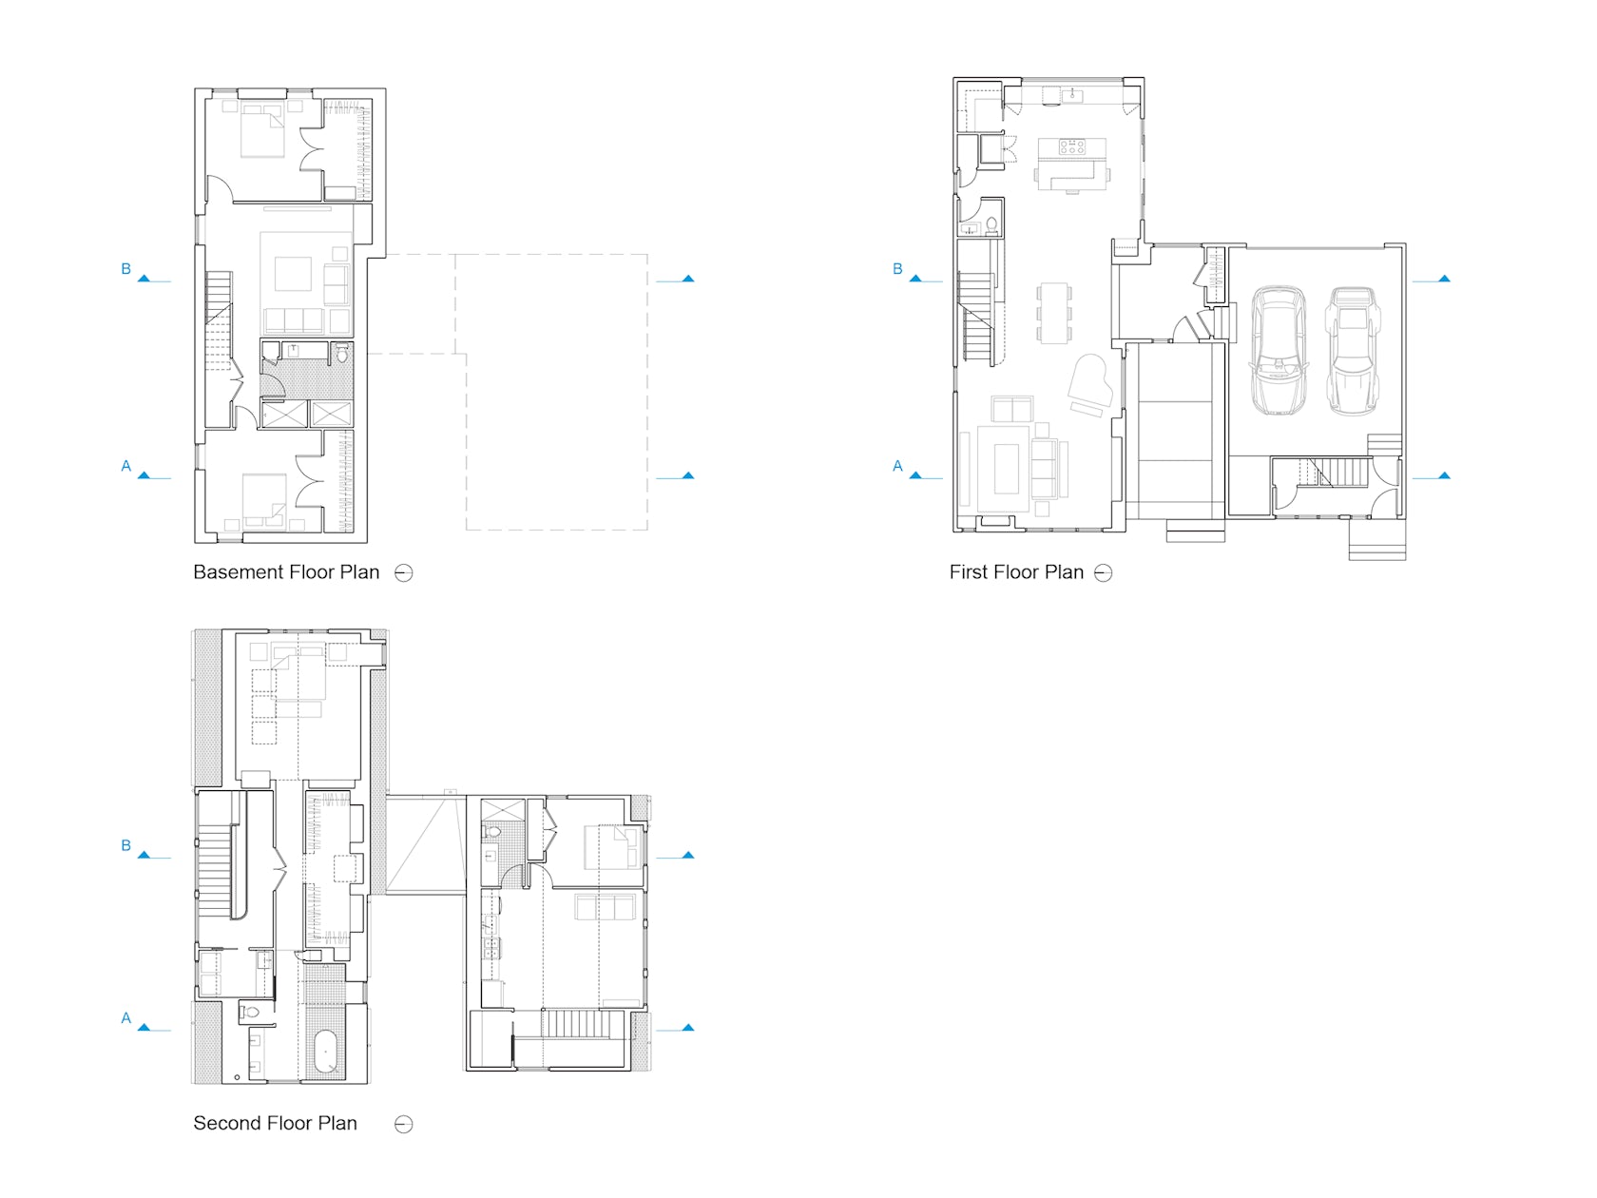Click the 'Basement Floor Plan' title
tap(286, 572)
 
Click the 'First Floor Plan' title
tap(1016, 572)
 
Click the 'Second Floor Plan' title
tap(275, 1123)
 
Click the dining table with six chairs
tap(1053, 312)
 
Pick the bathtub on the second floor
tap(326, 1052)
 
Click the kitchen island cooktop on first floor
tap(1071, 146)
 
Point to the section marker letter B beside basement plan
tap(125, 269)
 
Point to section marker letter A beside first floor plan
tap(897, 466)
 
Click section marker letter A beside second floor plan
tap(125, 1018)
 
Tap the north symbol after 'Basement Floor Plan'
tap(404, 572)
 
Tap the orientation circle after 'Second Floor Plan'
tap(404, 1124)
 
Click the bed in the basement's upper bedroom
tap(262, 131)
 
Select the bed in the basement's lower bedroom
tap(264, 500)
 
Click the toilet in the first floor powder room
tap(991, 225)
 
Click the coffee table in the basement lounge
tap(293, 274)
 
